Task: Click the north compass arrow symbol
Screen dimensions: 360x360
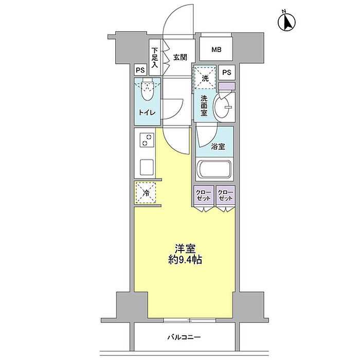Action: point(287,22)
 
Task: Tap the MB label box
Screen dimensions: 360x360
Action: point(217,50)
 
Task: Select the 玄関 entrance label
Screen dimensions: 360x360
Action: point(179,57)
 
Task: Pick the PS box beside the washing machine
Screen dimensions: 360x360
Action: point(227,73)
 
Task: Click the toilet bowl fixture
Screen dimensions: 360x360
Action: point(148,92)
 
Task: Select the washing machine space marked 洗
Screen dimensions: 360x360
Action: point(205,79)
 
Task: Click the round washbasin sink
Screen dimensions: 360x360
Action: point(225,105)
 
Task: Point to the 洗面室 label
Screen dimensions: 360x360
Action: point(204,105)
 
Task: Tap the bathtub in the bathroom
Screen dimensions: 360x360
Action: point(214,169)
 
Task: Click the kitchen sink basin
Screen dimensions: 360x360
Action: point(147,167)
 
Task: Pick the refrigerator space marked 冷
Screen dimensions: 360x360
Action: point(146,193)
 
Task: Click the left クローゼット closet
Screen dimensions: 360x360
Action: point(204,196)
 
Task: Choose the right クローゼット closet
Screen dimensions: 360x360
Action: point(225,196)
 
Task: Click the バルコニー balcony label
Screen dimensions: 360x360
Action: point(184,338)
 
